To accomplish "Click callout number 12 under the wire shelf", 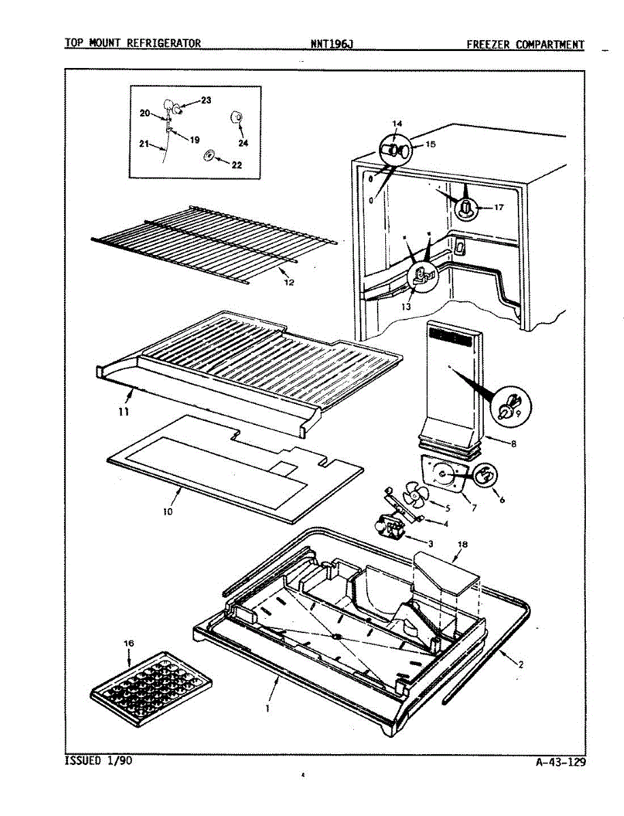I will (x=289, y=282).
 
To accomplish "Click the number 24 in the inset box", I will (x=243, y=143).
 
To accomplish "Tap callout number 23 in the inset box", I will (x=206, y=100).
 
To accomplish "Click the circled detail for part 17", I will (x=466, y=207).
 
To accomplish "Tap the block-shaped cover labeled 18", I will (x=446, y=571).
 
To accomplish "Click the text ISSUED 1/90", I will (x=98, y=760).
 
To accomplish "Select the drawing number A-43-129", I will (x=560, y=762).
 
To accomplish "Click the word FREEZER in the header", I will (x=489, y=45).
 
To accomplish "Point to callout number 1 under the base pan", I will (x=268, y=708).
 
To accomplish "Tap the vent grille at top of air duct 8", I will (x=453, y=335).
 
